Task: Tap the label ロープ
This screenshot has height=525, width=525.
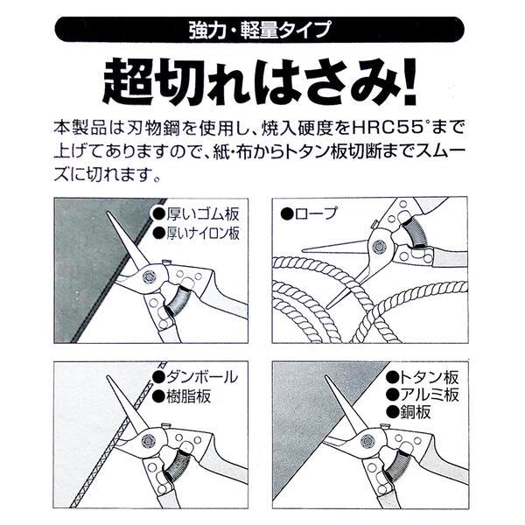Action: pos(310,213)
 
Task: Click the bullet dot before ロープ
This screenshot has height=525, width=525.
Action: pos(286,213)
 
